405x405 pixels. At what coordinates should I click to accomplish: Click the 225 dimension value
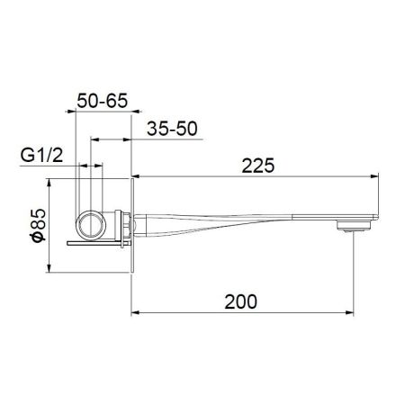pyautogui.click(x=258, y=166)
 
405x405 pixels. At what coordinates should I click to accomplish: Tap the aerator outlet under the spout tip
pyautogui.click(x=350, y=225)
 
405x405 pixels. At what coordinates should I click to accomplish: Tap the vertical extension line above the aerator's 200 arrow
pyautogui.click(x=353, y=270)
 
